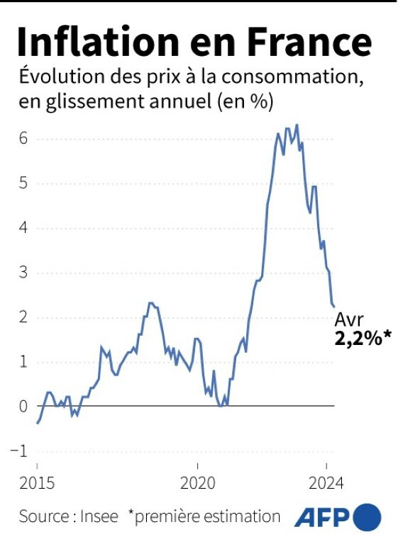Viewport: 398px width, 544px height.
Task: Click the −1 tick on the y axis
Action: [x=21, y=450]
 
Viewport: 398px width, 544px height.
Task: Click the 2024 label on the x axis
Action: [x=326, y=484]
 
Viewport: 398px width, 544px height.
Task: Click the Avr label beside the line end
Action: [x=349, y=319]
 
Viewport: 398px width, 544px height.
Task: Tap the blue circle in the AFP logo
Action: [x=367, y=516]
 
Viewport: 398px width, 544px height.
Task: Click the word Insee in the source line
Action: [x=99, y=516]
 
